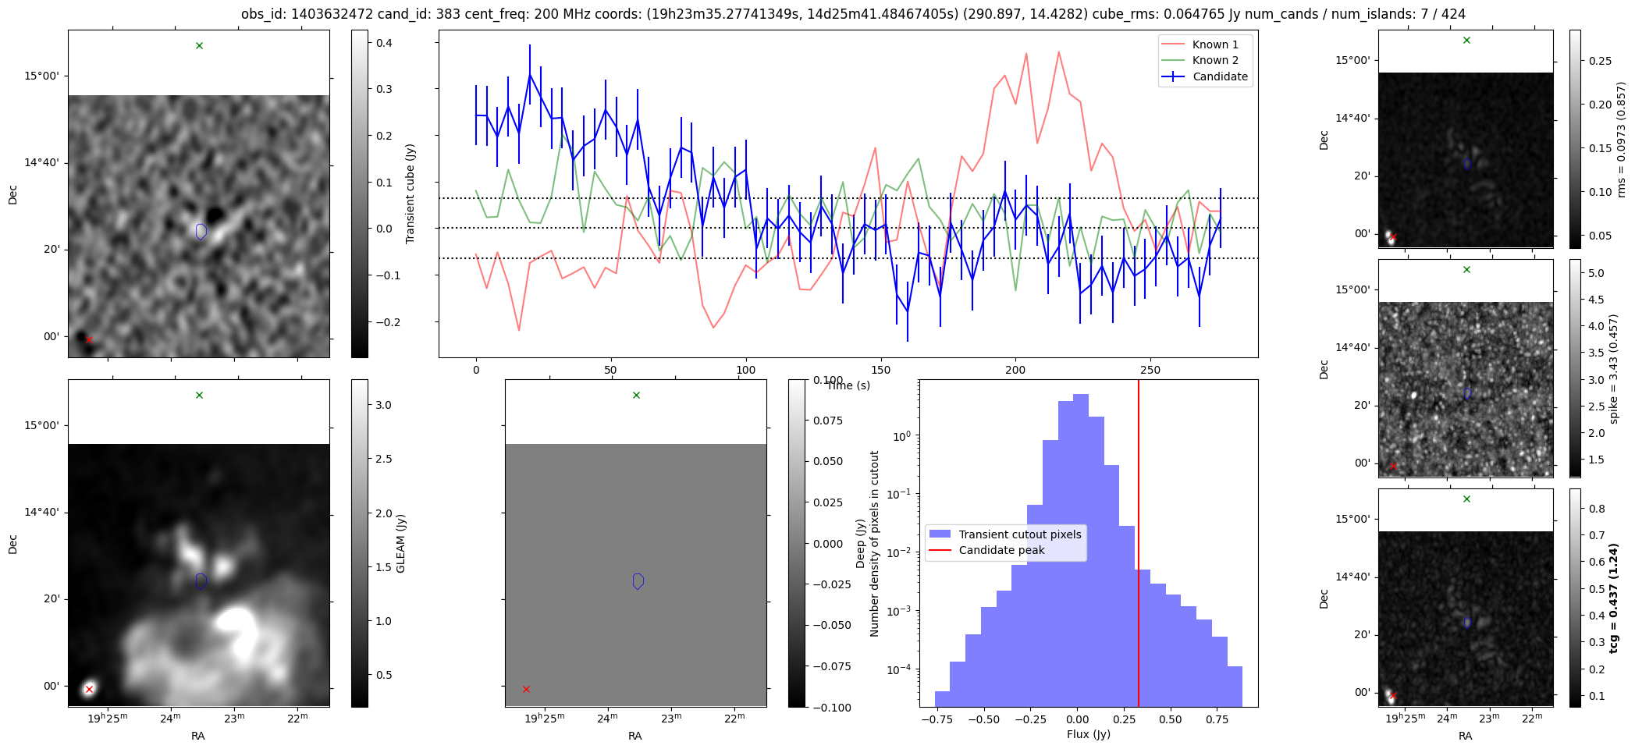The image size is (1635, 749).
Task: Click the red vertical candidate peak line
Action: (1139, 543)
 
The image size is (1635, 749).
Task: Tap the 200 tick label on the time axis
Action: (1015, 370)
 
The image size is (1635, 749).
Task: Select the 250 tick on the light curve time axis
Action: (1150, 370)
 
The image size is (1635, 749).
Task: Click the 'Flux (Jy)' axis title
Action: (1088, 734)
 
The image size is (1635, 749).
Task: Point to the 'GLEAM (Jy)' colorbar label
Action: (401, 543)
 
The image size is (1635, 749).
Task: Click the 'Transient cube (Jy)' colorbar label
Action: (411, 193)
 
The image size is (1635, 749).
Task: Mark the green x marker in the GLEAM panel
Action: (199, 396)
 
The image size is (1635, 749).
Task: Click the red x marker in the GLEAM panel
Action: (89, 689)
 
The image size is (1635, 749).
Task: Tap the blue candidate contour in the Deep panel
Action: (638, 581)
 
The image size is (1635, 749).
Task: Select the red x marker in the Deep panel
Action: (526, 689)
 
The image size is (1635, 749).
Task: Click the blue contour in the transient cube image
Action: (201, 231)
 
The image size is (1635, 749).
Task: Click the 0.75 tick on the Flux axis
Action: (1217, 719)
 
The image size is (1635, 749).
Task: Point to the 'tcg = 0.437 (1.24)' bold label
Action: (1614, 598)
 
